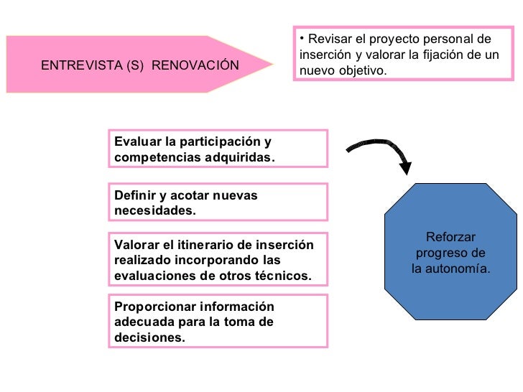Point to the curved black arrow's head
point(405,169)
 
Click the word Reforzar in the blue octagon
point(450,238)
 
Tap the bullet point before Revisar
point(302,39)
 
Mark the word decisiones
point(149,337)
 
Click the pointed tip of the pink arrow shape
point(273,64)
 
